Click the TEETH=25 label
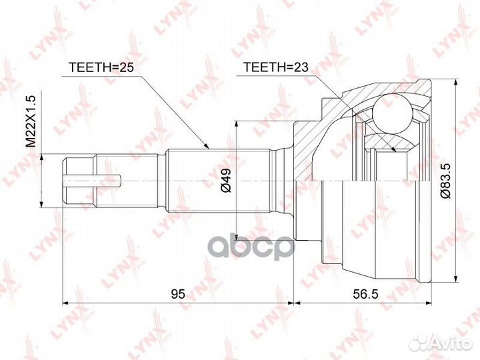[x=98, y=67]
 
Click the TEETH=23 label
[x=273, y=67]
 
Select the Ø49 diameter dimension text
[x=226, y=180]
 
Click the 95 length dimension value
[x=177, y=293]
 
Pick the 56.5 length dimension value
[x=365, y=293]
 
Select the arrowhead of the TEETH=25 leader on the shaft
[x=207, y=146]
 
